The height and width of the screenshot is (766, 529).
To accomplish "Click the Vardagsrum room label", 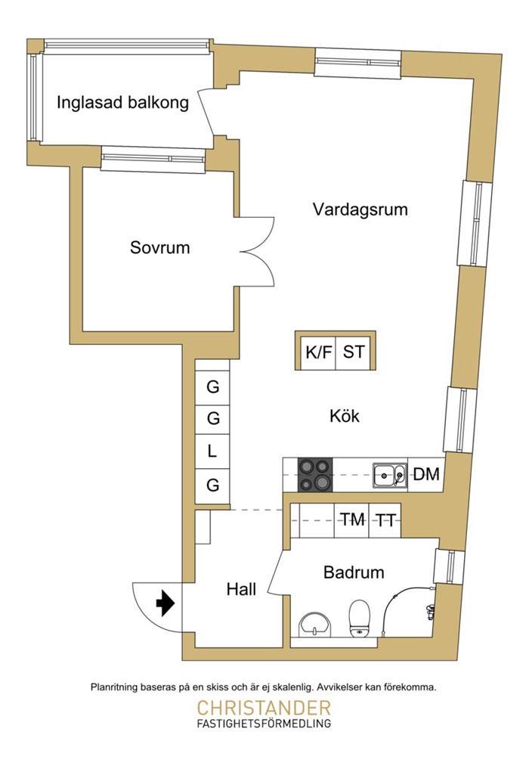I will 360,209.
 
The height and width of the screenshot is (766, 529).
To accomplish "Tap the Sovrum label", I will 159,247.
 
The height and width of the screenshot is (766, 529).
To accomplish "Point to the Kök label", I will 345,416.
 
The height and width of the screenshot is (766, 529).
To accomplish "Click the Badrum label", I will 354,572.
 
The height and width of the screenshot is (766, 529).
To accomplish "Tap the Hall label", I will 241,589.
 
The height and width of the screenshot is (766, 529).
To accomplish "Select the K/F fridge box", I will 318,352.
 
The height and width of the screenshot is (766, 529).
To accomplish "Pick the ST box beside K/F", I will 354,352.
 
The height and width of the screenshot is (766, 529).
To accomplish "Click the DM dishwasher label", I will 426,476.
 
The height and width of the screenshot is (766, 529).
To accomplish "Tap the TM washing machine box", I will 352,519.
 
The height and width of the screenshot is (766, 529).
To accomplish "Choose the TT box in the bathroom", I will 385,519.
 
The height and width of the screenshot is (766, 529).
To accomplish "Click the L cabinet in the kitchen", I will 213,452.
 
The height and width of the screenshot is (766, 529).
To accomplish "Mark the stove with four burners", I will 314,476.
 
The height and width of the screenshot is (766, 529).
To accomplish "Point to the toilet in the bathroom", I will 359,618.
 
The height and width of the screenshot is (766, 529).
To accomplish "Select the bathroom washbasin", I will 314,625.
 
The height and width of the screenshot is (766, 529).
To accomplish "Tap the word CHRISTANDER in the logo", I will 264,709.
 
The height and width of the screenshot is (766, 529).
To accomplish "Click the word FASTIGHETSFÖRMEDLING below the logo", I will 264,724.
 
